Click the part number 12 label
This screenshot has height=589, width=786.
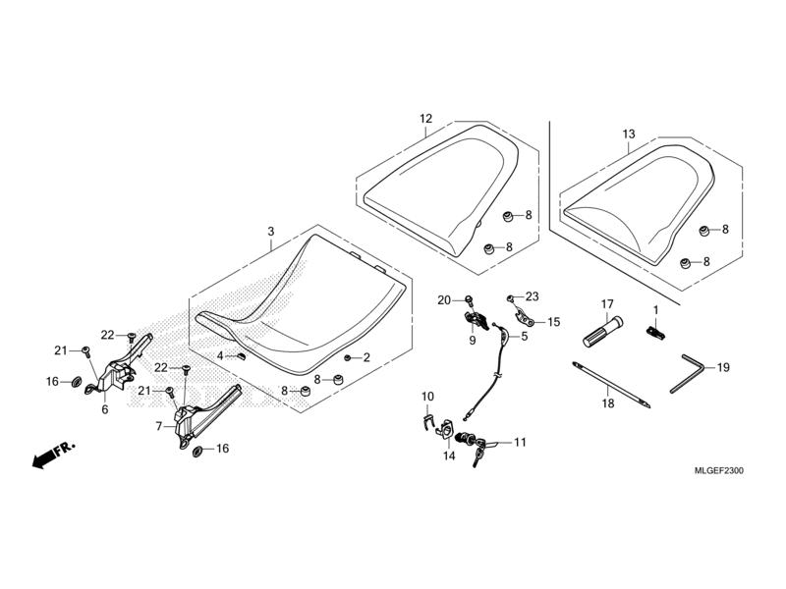(x=425, y=119)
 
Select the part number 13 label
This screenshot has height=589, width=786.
(x=629, y=134)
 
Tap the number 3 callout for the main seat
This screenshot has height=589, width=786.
(x=270, y=232)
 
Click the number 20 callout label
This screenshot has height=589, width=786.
(x=443, y=299)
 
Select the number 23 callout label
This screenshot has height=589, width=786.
(x=533, y=295)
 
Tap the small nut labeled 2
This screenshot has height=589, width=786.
(x=350, y=357)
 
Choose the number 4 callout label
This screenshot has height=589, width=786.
(x=221, y=354)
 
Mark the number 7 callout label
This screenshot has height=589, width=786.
(x=159, y=427)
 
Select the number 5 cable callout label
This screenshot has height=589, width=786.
(x=524, y=337)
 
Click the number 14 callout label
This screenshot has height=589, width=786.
(x=449, y=456)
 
